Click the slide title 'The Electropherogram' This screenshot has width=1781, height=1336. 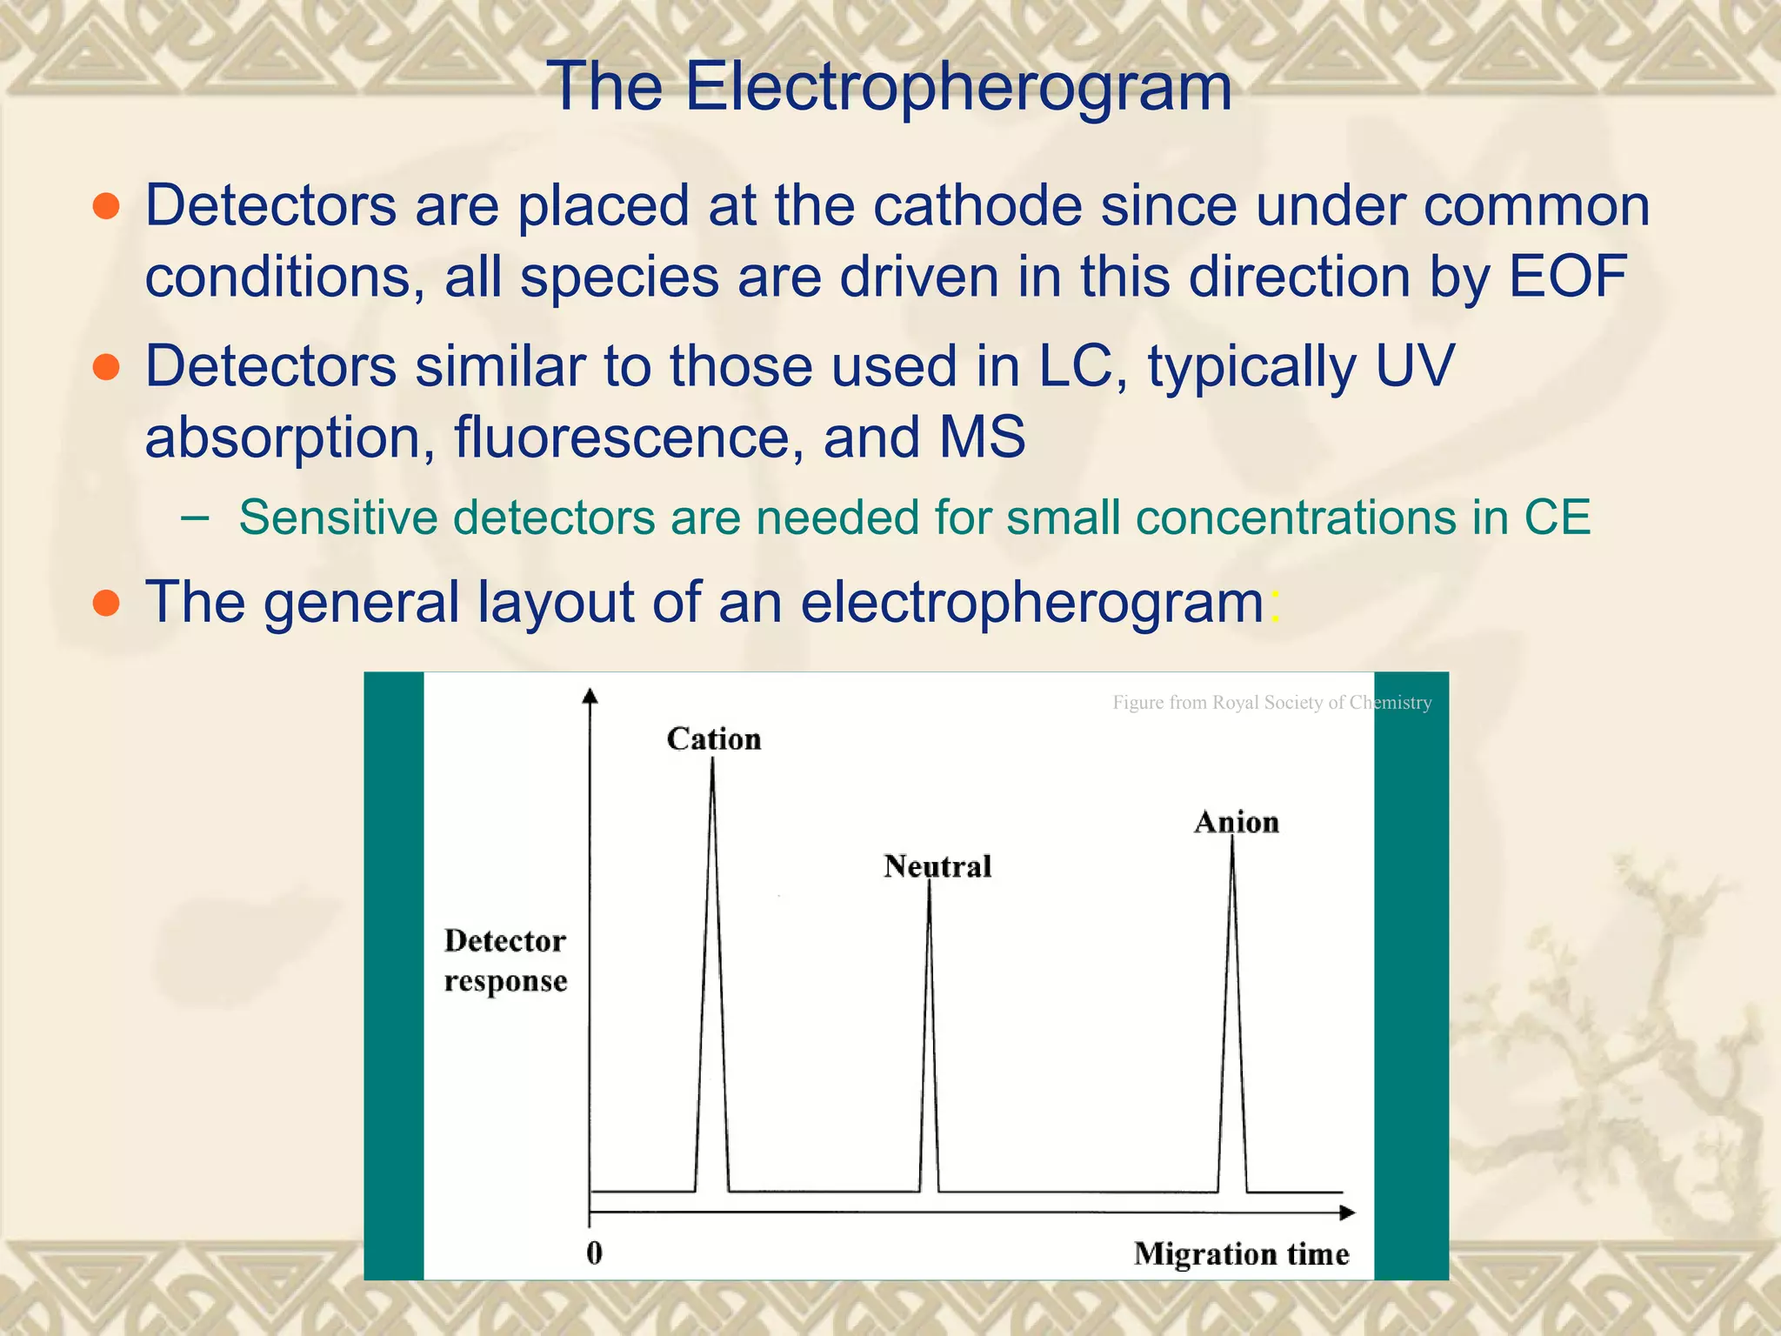tap(889, 87)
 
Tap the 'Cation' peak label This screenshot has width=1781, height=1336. tap(714, 739)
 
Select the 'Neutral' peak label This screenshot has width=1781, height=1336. tap(937, 866)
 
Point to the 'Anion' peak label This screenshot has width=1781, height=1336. tap(1236, 822)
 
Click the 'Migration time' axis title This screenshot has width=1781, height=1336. tap(1241, 1253)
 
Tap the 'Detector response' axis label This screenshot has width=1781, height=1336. tap(505, 960)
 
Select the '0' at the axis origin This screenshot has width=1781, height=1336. tap(594, 1252)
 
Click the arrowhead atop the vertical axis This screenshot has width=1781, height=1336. tap(590, 695)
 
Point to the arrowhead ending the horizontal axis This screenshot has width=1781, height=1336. tap(1347, 1212)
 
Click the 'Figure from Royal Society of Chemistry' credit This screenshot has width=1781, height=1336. tap(1271, 703)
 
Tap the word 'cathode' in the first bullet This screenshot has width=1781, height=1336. tap(978, 206)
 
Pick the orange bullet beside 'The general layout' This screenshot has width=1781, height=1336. tap(106, 602)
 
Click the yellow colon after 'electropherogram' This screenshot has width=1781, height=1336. tap(1275, 604)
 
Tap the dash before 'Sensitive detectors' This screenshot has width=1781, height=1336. tap(196, 518)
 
